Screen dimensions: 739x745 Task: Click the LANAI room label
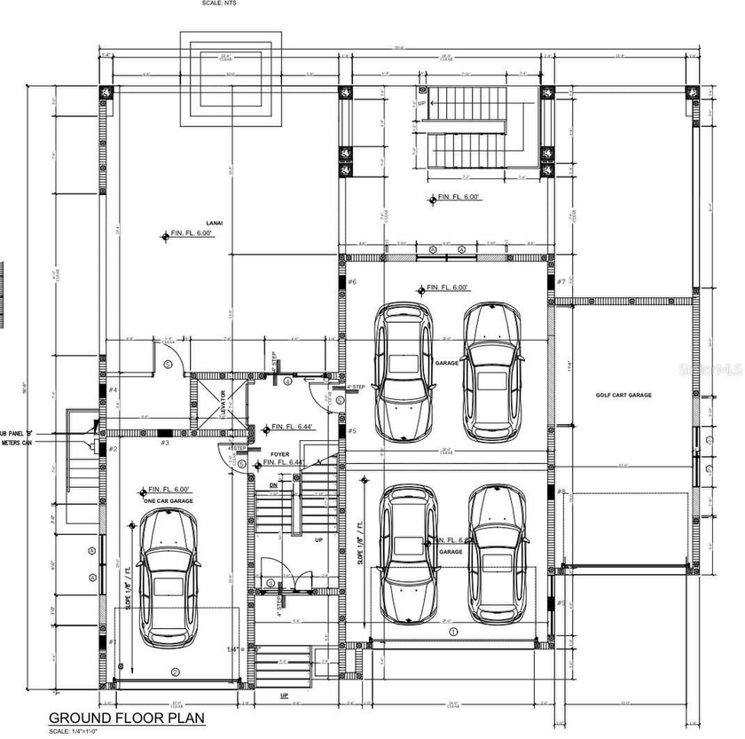214,223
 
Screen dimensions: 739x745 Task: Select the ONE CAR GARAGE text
169,501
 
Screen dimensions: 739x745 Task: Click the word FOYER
280,453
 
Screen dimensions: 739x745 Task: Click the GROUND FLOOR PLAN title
125,718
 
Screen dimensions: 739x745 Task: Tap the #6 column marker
352,282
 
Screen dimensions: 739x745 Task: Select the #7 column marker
561,282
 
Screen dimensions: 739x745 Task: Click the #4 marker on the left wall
114,390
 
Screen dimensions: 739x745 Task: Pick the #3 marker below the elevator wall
164,442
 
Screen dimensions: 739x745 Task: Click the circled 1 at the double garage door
452,632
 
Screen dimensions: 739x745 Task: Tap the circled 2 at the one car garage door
175,672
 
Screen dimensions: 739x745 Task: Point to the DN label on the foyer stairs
274,485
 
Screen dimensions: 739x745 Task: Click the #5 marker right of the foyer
352,431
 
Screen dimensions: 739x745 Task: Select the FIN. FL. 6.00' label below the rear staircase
459,199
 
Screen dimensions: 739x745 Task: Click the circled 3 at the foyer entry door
270,583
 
